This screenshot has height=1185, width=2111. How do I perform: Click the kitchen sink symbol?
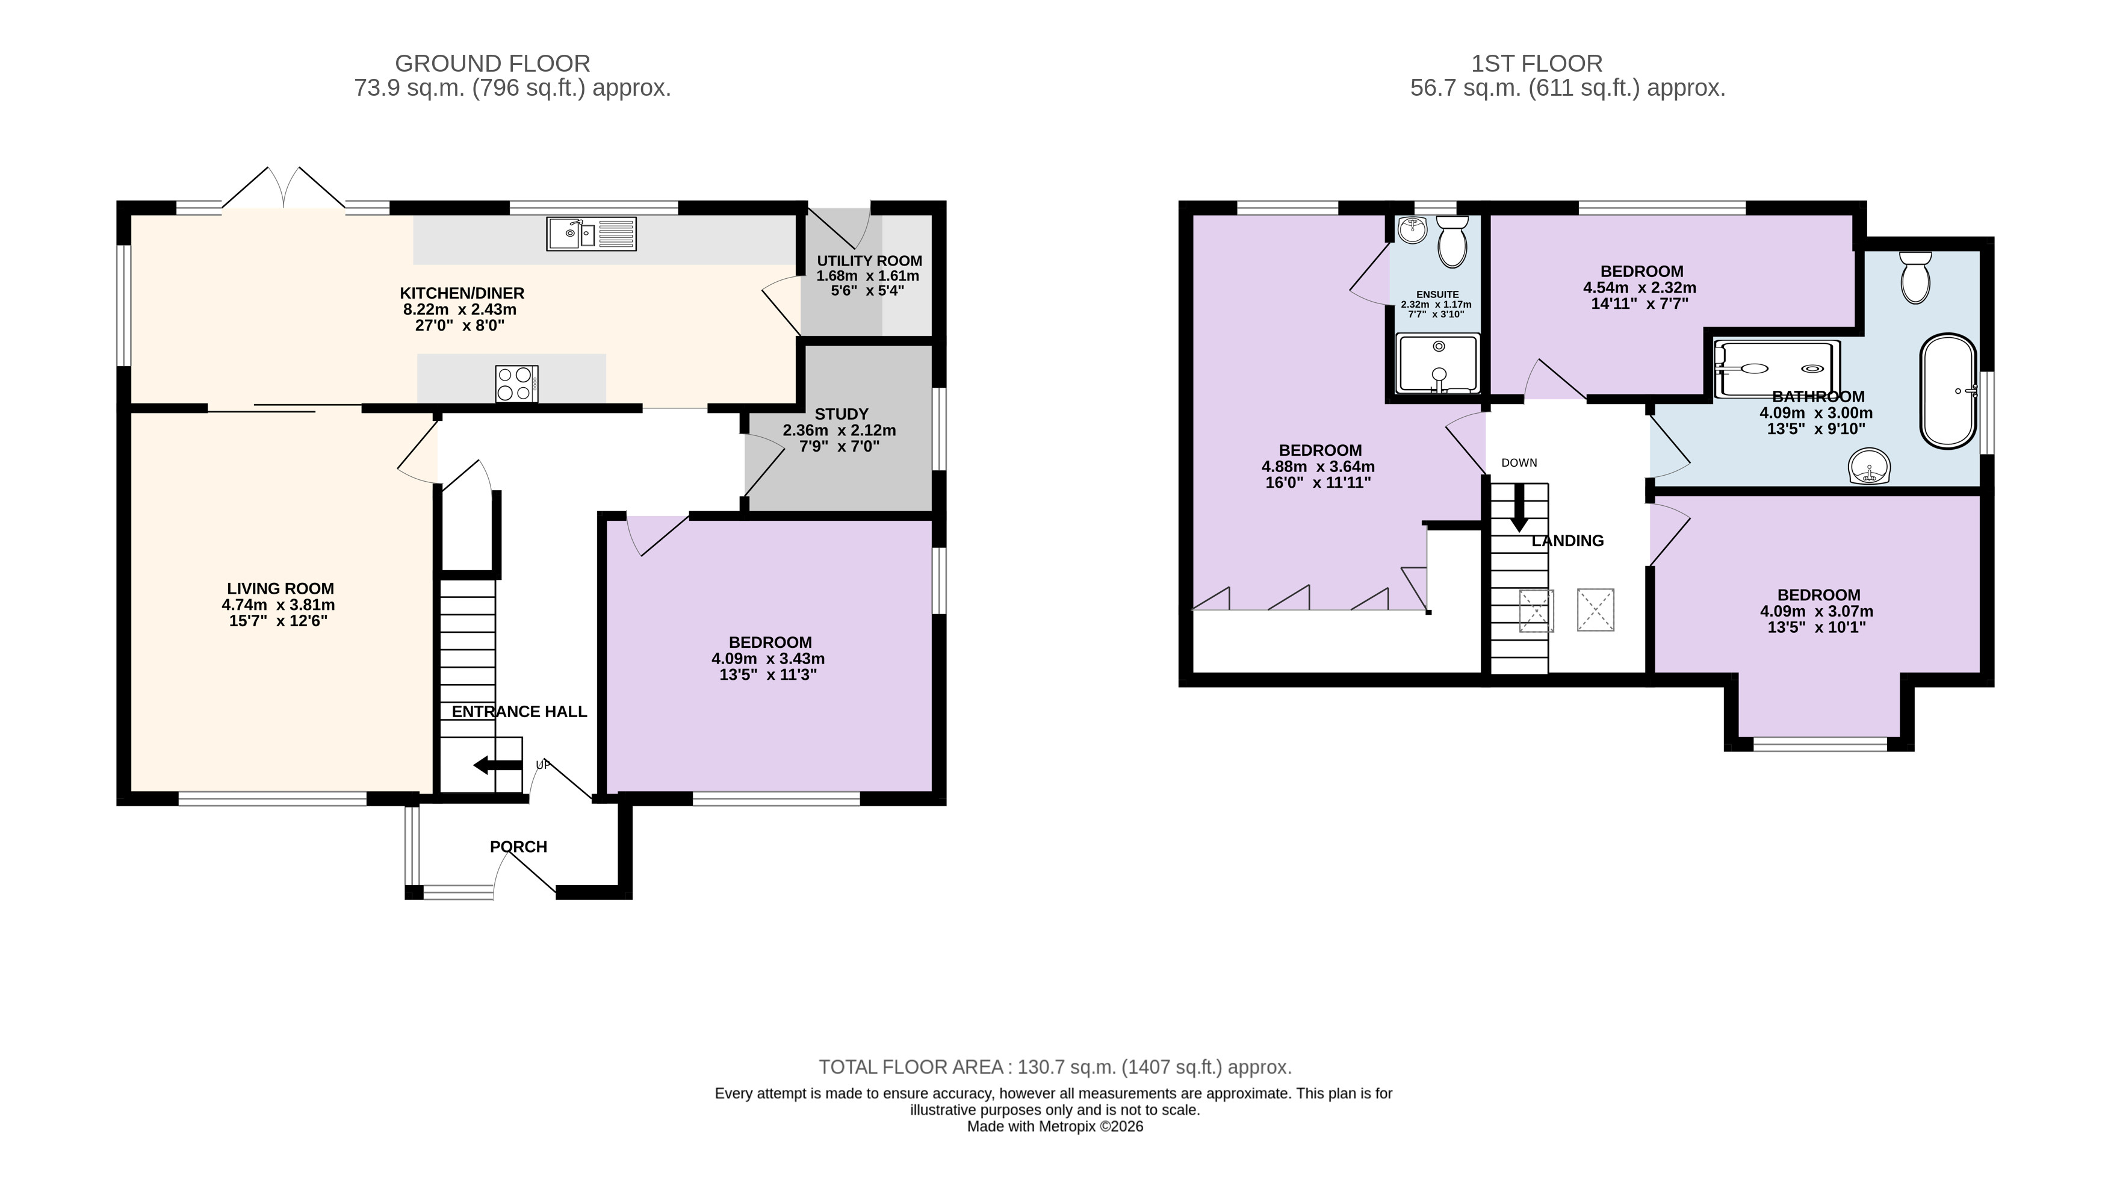(x=591, y=234)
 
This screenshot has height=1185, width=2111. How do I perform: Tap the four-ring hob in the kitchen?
(x=516, y=384)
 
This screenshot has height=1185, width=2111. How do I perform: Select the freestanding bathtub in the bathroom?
(x=1948, y=391)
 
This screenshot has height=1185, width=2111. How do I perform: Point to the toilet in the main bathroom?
(x=1915, y=277)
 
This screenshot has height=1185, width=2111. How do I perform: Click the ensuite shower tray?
(x=1438, y=364)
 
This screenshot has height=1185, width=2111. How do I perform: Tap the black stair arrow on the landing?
(x=1519, y=507)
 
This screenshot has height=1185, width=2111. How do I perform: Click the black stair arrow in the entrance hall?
(x=497, y=765)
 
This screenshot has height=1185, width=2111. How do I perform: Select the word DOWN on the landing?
(x=1519, y=463)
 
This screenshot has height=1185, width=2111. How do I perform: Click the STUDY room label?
(x=841, y=414)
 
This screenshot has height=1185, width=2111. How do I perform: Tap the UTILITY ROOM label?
(x=869, y=261)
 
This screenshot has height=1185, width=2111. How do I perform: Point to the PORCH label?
(x=518, y=847)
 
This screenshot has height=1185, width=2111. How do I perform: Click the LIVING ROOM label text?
(x=281, y=588)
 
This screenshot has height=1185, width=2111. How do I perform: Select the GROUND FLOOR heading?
(x=492, y=63)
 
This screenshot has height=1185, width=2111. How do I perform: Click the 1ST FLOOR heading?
(x=1537, y=63)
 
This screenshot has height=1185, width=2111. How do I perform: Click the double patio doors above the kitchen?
(x=284, y=188)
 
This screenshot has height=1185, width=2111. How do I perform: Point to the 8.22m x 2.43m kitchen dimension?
(x=460, y=309)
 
